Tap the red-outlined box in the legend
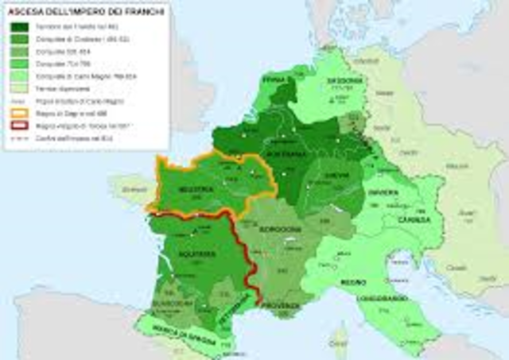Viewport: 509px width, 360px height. [18, 125]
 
